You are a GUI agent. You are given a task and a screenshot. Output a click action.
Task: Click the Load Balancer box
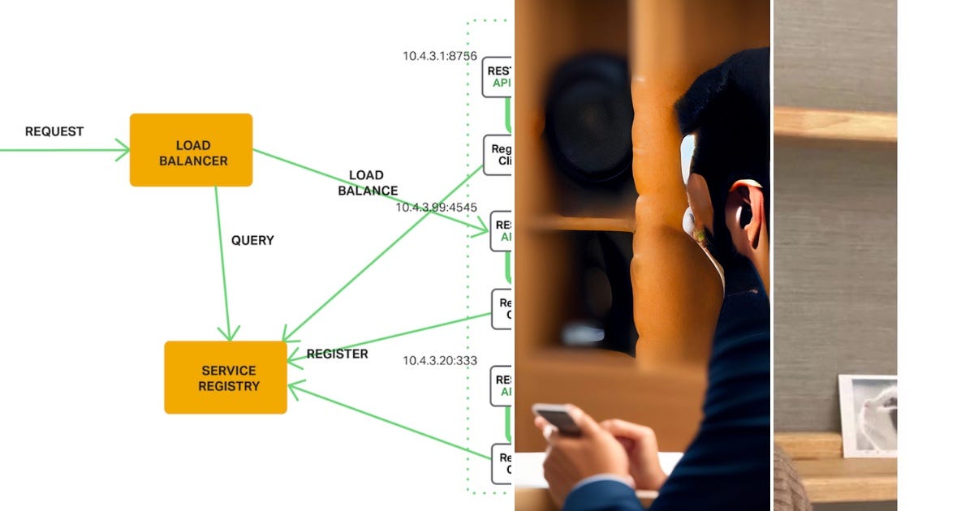[191, 150]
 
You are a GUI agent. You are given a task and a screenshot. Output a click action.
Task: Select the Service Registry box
[226, 378]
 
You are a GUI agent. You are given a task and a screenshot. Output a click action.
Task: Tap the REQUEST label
[54, 131]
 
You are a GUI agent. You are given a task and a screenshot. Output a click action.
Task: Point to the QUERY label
[252, 241]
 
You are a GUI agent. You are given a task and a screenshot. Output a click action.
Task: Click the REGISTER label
[337, 354]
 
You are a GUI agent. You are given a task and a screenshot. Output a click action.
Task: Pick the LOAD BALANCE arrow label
[368, 183]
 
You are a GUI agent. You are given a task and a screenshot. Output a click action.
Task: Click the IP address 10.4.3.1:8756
[439, 56]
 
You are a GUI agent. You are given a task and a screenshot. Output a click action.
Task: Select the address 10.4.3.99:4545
[436, 208]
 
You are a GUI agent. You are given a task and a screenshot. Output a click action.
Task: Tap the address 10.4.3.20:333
[440, 360]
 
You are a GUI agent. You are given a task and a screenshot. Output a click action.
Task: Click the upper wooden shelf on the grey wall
[835, 124]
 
